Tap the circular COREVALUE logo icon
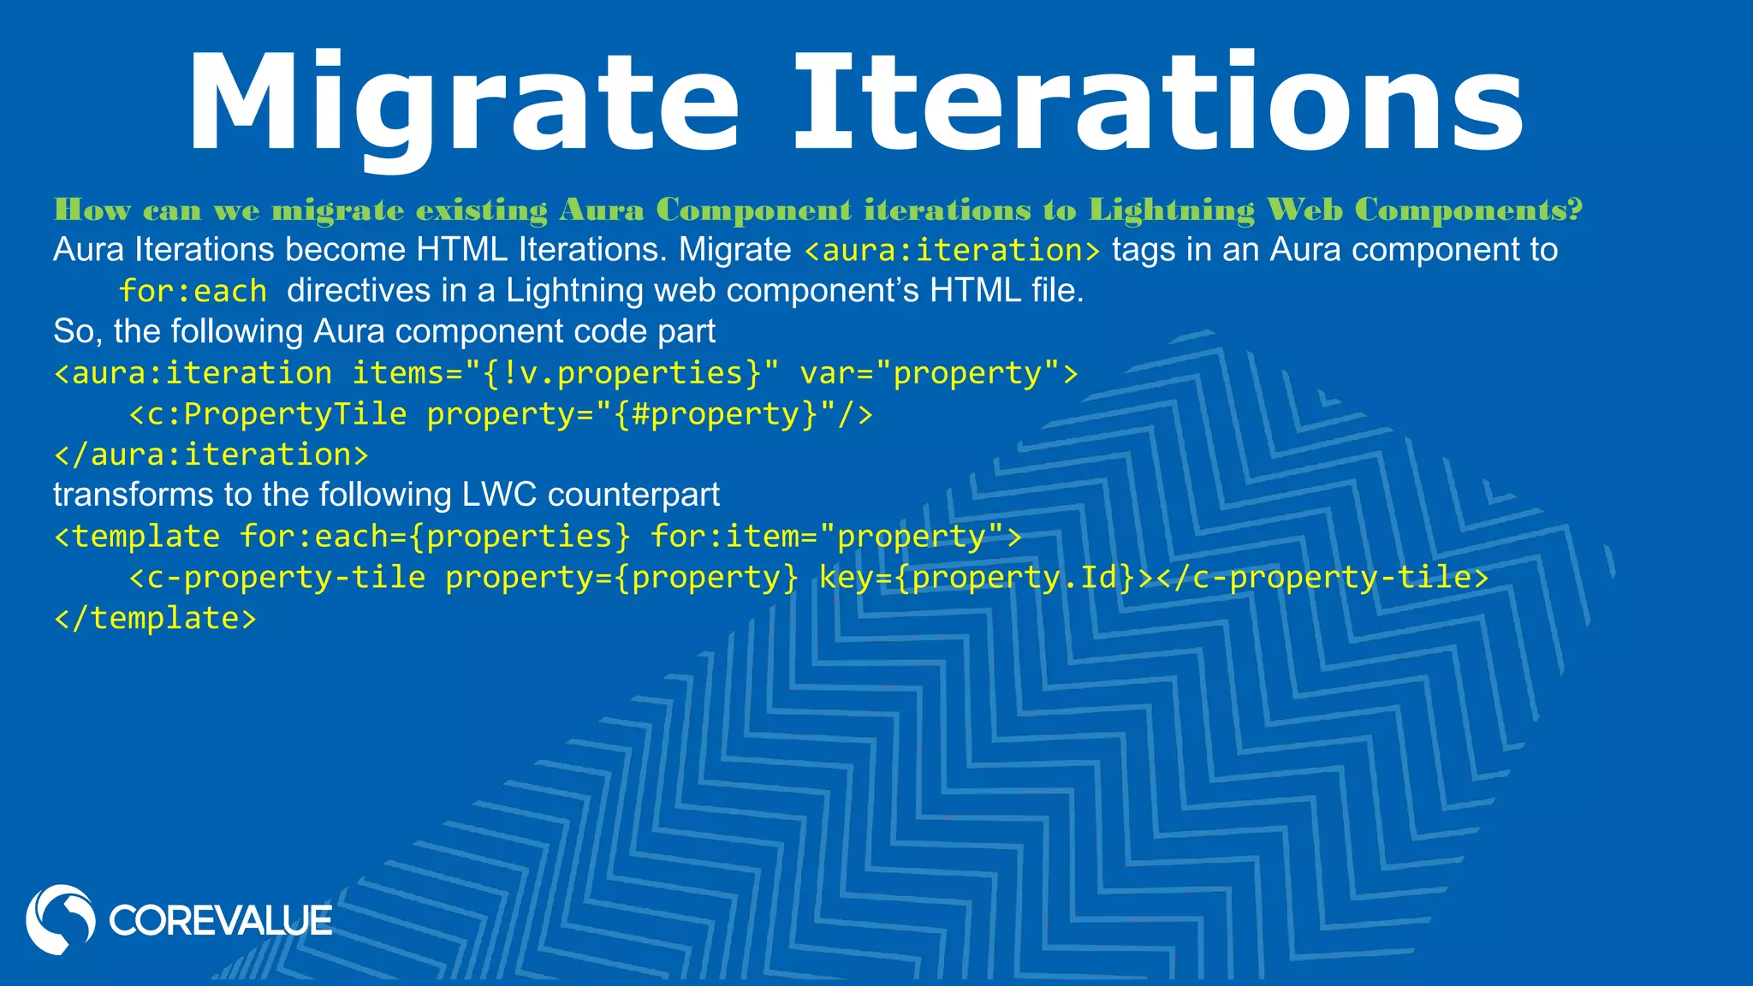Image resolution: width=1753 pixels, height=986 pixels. (60, 919)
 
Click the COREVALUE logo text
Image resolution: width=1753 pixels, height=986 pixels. (220, 921)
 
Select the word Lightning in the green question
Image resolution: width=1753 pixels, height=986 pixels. (1172, 210)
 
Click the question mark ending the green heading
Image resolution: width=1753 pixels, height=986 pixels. (1576, 210)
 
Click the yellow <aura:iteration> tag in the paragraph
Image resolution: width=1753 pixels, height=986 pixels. (952, 251)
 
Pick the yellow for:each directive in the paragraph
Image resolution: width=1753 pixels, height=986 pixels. (193, 292)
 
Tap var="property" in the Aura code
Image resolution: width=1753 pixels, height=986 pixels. (938, 373)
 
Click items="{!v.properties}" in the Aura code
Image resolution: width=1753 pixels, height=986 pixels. (565, 373)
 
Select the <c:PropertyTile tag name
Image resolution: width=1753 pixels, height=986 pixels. (268, 414)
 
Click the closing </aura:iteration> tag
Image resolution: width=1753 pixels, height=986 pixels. (211, 454)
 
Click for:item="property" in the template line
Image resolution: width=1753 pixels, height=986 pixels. (835, 537)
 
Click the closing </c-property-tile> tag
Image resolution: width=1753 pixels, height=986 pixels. (1322, 578)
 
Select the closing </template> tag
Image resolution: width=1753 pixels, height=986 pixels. (155, 618)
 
